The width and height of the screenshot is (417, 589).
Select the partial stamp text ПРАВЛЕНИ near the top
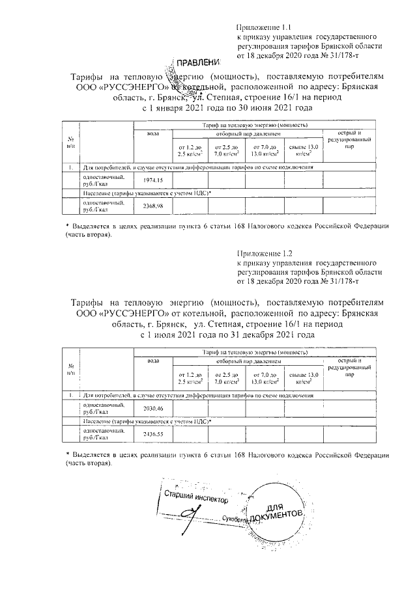201,62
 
